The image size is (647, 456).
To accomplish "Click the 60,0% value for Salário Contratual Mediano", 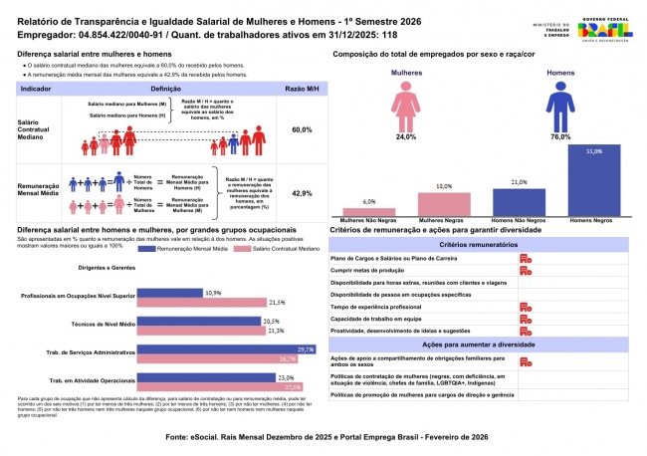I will tap(302, 130).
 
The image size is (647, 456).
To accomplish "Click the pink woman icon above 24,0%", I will tap(406, 105).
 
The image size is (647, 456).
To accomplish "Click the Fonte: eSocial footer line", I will tap(323, 436).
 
